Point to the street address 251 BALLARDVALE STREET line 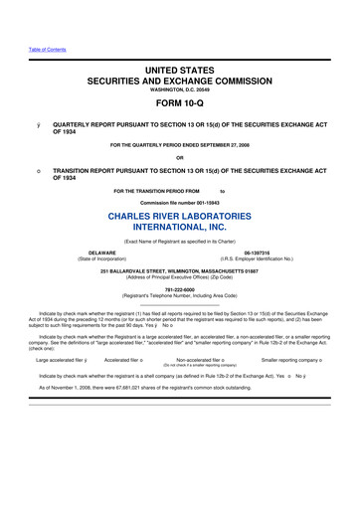click(179, 271)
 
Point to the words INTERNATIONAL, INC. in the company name click(179, 232)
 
